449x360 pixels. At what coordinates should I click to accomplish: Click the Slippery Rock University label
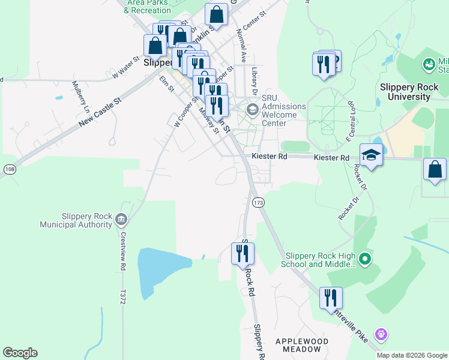[x=409, y=91]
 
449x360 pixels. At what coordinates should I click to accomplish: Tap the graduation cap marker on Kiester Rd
[x=371, y=155]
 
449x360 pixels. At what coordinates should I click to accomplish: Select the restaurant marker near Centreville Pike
[x=331, y=298]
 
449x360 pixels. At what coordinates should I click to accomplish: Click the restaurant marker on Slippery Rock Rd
[x=243, y=254]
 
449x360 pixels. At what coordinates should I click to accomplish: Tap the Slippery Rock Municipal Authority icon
[x=122, y=218]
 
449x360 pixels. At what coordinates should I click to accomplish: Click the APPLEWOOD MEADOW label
[x=302, y=345]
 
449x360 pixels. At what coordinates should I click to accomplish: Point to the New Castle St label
[x=100, y=113]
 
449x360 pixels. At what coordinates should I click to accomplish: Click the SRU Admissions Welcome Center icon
[x=252, y=109]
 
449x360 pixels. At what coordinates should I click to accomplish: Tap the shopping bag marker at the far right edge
[x=435, y=170]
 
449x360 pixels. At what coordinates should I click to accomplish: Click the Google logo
[x=20, y=353]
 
